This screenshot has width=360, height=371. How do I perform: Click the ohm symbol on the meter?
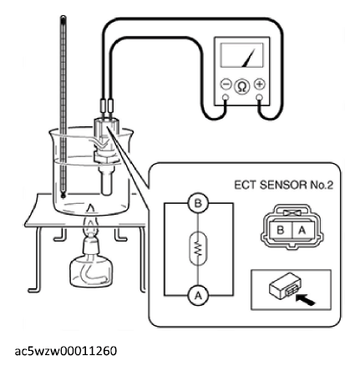coord(242,86)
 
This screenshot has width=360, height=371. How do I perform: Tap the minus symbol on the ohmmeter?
coord(226,84)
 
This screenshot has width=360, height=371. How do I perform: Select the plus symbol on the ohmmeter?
coord(260,84)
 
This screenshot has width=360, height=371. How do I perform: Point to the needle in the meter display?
coord(248,58)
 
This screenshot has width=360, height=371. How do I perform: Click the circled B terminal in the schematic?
coord(198,204)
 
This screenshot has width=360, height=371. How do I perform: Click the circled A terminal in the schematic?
coord(198,295)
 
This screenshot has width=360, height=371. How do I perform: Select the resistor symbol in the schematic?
coord(198,248)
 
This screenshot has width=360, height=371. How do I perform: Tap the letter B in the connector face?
coord(281,231)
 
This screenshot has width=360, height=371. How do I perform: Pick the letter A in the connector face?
coord(302,231)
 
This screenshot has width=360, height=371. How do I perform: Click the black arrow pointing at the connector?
coord(305,300)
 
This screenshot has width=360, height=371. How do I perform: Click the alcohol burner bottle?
coord(91,267)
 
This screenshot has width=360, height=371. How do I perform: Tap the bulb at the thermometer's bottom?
coord(63,196)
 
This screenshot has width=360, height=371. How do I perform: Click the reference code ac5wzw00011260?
coord(66,351)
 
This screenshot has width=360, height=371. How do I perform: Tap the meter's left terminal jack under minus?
coord(226,97)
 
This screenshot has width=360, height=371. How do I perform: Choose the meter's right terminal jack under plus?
coord(259,97)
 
